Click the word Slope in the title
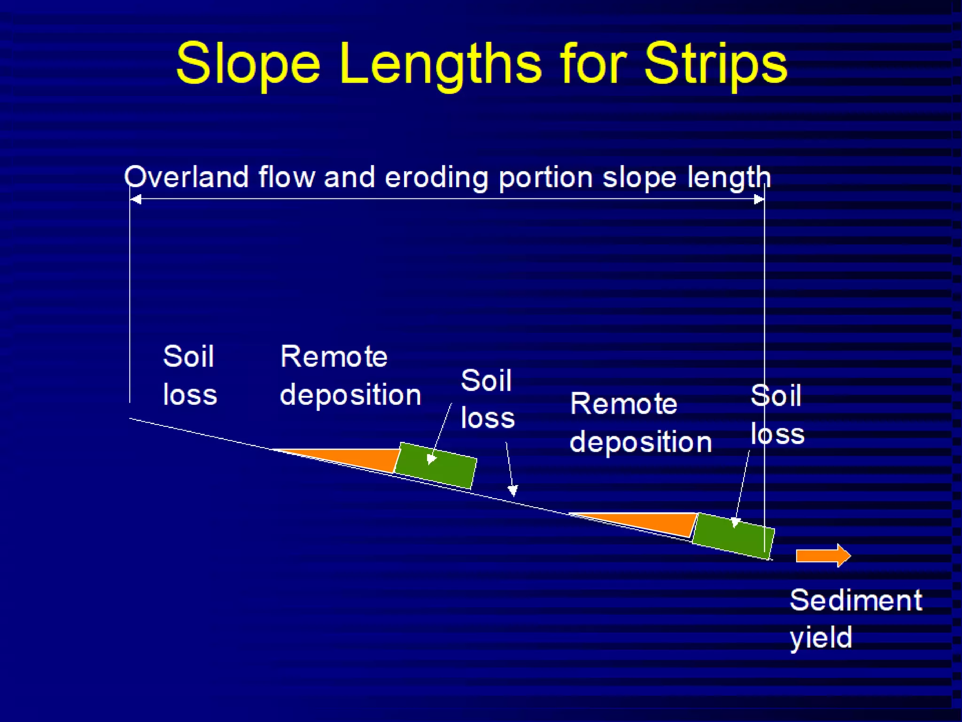click(x=248, y=63)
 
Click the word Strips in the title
click(x=715, y=63)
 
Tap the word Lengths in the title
click(x=440, y=63)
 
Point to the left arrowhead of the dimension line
click(x=136, y=200)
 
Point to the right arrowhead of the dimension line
click(x=758, y=200)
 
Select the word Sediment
click(x=856, y=600)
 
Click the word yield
click(x=821, y=638)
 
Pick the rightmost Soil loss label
click(x=777, y=415)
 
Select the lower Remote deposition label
click(x=640, y=423)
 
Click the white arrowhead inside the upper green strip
click(x=431, y=459)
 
